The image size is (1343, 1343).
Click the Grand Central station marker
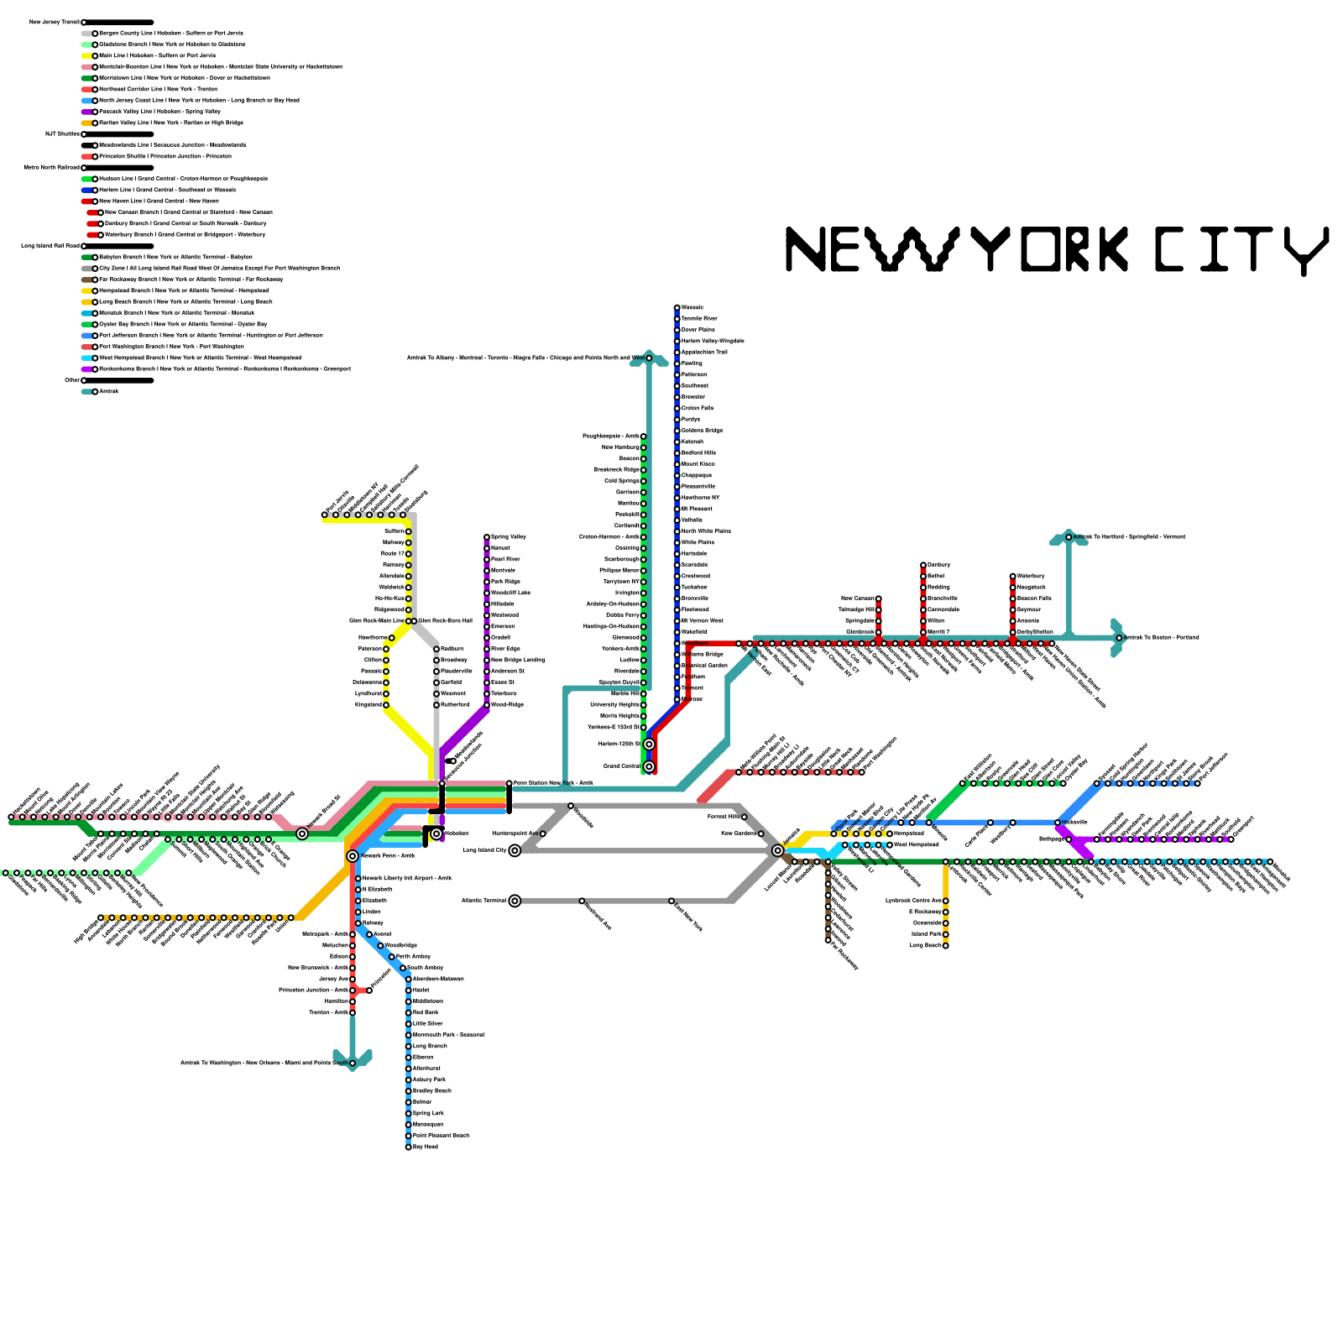click(x=649, y=766)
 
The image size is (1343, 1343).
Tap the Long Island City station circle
click(x=515, y=850)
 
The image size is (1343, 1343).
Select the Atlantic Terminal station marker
click(x=515, y=901)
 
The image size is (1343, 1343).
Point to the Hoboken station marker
click(x=436, y=833)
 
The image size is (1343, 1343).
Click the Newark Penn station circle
click(x=353, y=856)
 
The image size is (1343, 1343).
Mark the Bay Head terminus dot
click(x=409, y=1147)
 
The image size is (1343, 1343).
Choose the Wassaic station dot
click(x=677, y=308)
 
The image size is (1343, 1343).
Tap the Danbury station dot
click(x=923, y=565)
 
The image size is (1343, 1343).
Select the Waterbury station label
click(x=1031, y=576)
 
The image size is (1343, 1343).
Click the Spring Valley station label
click(x=509, y=536)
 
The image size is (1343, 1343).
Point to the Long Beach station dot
click(x=946, y=945)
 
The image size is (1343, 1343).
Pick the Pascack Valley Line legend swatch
click(x=87, y=112)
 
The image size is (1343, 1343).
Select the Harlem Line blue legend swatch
click(x=87, y=190)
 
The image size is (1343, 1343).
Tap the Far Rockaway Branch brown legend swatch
click(x=87, y=280)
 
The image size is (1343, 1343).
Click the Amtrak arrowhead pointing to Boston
click(x=1117, y=638)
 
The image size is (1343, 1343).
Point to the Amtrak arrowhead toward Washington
click(x=353, y=1059)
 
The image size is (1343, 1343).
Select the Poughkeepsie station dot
click(x=644, y=436)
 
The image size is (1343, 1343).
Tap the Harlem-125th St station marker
click(x=649, y=745)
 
